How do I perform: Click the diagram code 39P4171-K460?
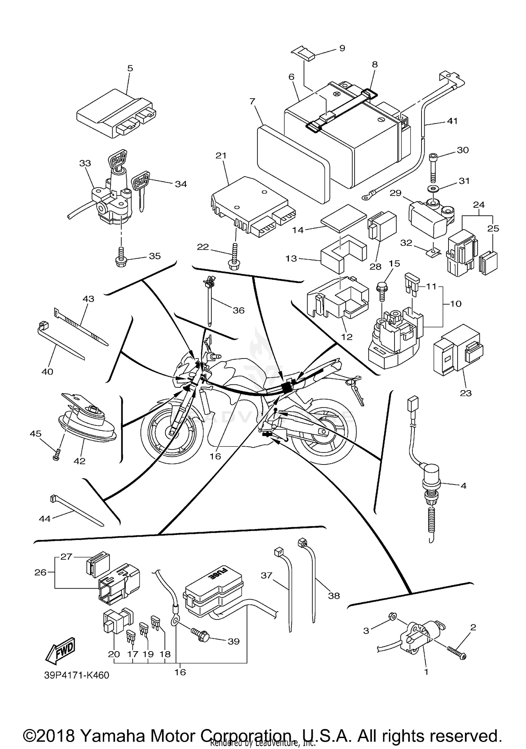click(x=76, y=675)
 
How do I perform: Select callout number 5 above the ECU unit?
click(x=130, y=68)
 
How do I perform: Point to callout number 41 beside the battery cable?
click(x=452, y=121)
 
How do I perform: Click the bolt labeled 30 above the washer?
click(x=433, y=164)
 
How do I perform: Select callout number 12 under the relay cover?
click(x=346, y=336)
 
